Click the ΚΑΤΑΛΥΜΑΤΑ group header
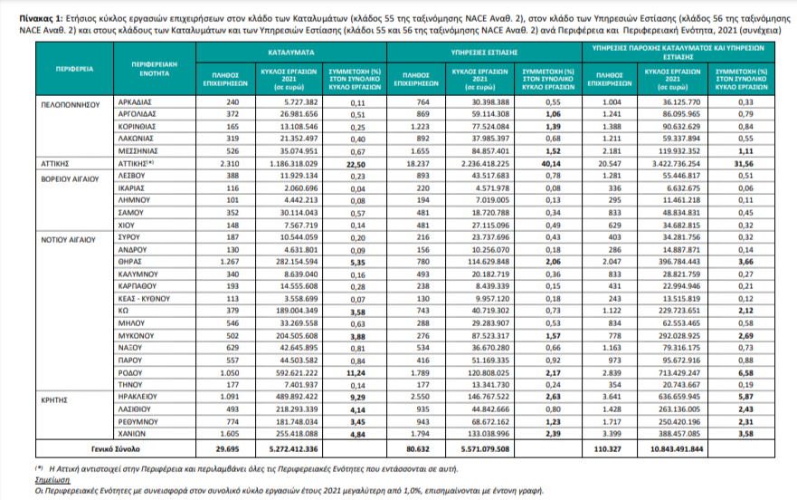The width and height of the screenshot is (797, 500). (291, 53)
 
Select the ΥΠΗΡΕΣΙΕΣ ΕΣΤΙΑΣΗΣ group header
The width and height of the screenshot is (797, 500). (484, 53)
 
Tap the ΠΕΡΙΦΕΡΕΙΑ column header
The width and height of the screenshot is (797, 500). (75, 69)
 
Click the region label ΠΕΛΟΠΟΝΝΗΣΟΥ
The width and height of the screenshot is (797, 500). (71, 105)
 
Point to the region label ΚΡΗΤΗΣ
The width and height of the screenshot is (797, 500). (54, 400)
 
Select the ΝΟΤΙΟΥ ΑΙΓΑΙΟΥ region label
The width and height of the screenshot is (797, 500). (68, 240)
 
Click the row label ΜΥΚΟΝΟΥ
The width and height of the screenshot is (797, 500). (137, 336)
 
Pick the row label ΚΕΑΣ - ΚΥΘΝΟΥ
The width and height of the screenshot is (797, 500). (144, 299)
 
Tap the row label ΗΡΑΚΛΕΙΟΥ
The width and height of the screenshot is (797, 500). (138, 397)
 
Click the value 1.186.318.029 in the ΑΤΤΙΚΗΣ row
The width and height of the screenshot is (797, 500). (294, 164)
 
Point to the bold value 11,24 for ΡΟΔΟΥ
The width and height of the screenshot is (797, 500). (356, 373)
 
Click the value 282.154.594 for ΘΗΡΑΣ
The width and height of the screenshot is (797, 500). (297, 262)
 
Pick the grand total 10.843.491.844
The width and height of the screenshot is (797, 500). (677, 449)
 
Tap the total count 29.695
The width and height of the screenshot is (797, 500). (227, 449)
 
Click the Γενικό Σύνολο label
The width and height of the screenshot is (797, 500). (116, 449)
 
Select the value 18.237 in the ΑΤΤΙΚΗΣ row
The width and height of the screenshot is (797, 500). (418, 164)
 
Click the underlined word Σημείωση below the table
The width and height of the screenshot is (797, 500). (52, 480)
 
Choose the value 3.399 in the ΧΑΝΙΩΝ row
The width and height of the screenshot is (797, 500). (611, 434)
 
